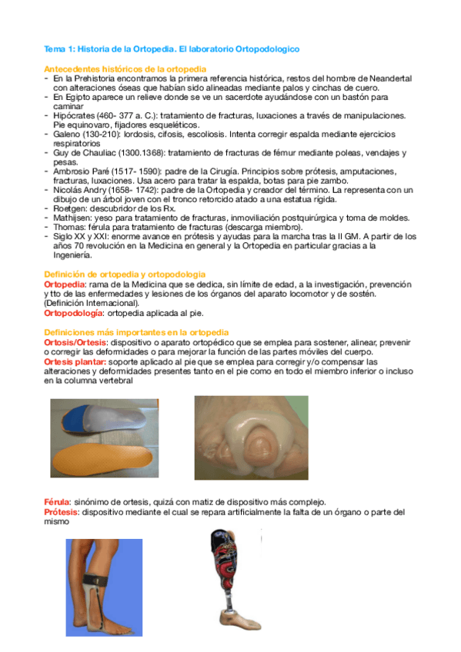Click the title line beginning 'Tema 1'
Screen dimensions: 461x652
172,49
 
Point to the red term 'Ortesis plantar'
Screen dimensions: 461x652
75,360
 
